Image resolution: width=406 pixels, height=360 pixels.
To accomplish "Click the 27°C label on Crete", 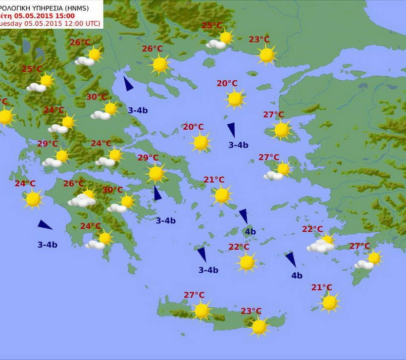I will coord(194,295).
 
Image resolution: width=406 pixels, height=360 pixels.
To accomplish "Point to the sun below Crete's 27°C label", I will coord(202,310).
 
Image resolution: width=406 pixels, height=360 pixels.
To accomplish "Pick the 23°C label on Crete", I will coord(251,311).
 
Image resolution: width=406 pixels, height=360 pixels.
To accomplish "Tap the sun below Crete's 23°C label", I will coord(259,326).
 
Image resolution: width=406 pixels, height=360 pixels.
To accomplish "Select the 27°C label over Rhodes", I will coord(360,246).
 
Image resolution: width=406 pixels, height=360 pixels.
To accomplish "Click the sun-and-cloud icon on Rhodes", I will coord(369,260).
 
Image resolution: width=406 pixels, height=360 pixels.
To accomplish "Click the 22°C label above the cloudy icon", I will coord(312,229).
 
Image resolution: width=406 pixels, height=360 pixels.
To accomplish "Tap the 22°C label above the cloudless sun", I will coord(239,247).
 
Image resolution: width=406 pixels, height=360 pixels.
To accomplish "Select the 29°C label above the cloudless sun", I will coord(148,158).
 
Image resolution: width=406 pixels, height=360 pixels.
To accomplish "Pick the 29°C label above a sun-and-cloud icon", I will coord(48,144).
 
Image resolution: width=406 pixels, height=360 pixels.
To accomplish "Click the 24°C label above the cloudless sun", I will coord(25,184).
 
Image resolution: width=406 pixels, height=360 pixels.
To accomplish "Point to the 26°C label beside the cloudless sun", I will coord(152,49).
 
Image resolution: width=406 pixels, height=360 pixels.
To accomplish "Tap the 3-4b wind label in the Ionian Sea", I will coord(48,245).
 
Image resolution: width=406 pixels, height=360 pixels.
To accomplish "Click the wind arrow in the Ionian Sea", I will coord(45,225).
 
